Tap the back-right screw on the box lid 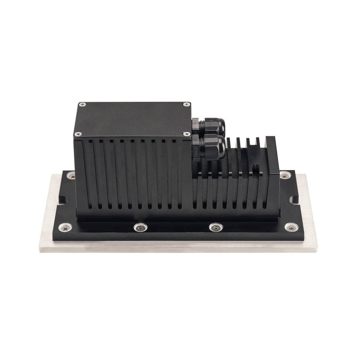[186, 104]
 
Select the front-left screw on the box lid [78, 134]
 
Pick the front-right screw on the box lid [187, 134]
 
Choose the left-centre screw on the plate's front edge [140, 227]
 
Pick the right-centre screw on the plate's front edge [216, 227]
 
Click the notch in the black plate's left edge [60, 198]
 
